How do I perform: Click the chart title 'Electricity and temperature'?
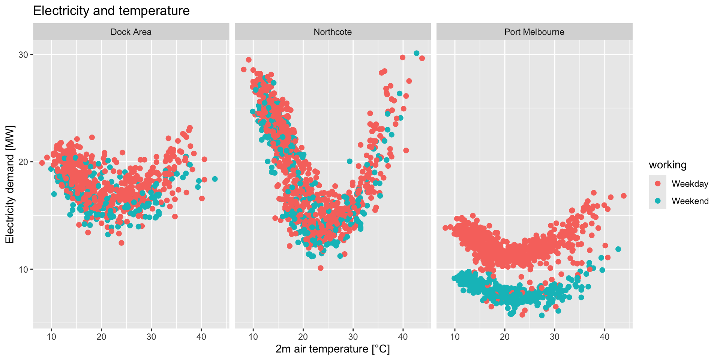(111, 11)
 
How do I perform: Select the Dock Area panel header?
(131, 32)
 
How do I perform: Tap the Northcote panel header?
(333, 32)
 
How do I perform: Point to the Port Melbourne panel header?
(534, 32)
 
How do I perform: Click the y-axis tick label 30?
(23, 55)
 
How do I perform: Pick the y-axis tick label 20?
(23, 162)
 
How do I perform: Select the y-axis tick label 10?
(23, 269)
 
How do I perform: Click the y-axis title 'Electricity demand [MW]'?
(10, 184)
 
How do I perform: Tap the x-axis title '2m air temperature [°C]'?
(333, 349)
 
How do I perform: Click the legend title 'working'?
(668, 165)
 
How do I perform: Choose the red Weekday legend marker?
(658, 184)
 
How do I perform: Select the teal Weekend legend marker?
(658, 201)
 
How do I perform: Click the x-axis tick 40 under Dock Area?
(201, 336)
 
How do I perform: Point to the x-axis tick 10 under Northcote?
(253, 336)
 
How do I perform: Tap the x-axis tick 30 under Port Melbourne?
(555, 336)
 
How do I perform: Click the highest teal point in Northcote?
(416, 53)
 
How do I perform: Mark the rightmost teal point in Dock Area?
(215, 179)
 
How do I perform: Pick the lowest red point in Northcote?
(321, 268)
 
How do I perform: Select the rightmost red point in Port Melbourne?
(624, 196)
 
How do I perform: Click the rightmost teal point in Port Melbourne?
(618, 249)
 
